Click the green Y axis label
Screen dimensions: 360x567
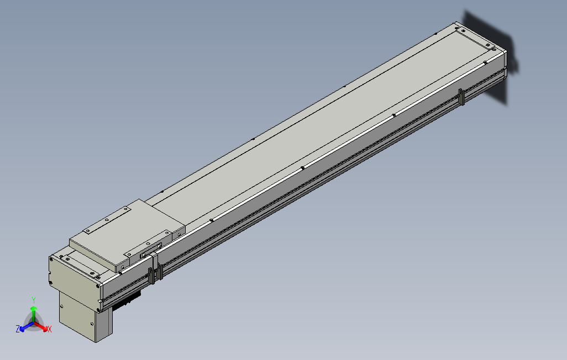[33, 299]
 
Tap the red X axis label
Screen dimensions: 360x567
[49, 329]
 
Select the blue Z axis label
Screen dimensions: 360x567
[18, 329]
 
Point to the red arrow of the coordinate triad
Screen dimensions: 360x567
[42, 326]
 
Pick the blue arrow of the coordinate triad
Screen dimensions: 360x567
[24, 327]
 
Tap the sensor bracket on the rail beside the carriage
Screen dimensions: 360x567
[160, 271]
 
